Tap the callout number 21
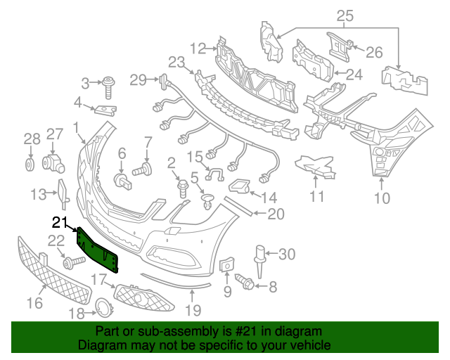[61, 223]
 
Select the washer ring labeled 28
[30, 165]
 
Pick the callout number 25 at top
[345, 15]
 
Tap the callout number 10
[381, 198]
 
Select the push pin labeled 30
[259, 255]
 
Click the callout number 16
[34, 303]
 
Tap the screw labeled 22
[70, 264]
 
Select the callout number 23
[176, 61]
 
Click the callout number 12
[197, 48]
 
